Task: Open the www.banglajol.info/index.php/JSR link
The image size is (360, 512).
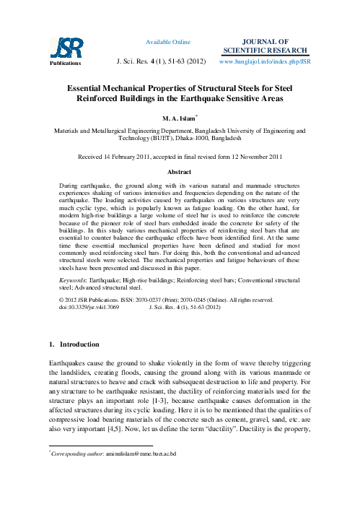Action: (x=264, y=62)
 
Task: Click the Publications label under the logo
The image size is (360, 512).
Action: (x=63, y=62)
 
